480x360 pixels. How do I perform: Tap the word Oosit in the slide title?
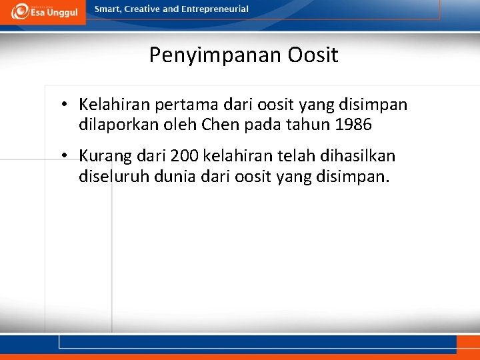click(313, 55)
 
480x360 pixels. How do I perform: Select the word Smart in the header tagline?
click(109, 9)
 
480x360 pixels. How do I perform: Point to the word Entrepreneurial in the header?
click(216, 9)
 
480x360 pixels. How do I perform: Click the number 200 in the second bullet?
click(185, 156)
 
